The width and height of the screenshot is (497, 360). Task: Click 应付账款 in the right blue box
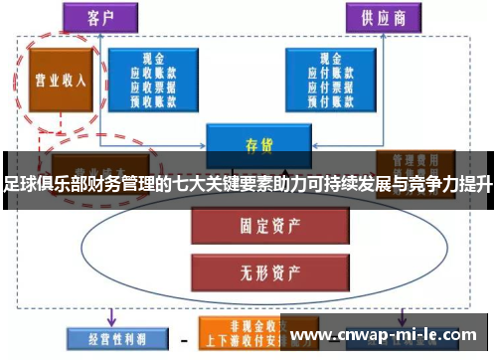[328, 74]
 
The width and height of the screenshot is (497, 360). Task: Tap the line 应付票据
[328, 86]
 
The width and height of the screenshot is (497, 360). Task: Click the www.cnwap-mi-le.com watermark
[388, 334]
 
